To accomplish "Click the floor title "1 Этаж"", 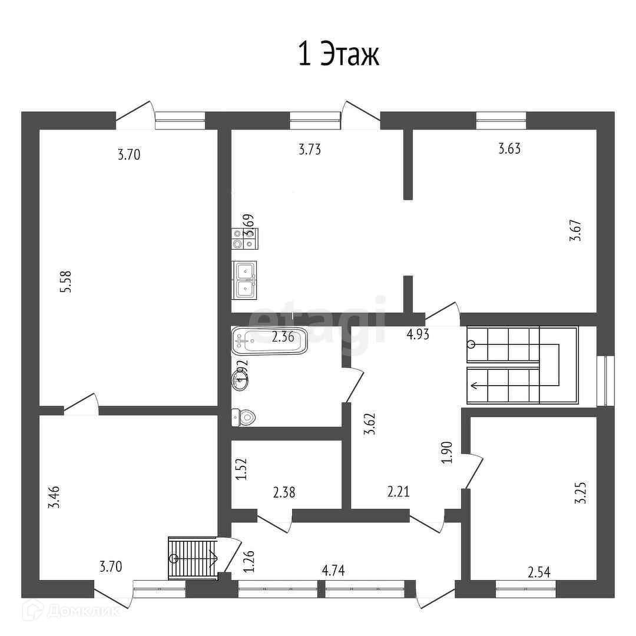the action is [x=339, y=55].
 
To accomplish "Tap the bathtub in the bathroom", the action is [x=270, y=340].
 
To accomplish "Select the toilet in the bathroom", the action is [x=244, y=418].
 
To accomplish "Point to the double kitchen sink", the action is [x=244, y=279].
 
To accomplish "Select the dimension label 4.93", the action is [x=418, y=335].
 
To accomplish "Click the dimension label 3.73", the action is [x=310, y=150].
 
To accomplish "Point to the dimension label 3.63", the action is [x=509, y=148].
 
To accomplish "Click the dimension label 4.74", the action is [x=333, y=570].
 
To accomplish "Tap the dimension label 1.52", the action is [x=241, y=470].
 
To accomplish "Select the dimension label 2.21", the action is [x=398, y=491].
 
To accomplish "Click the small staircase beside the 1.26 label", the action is [x=193, y=558].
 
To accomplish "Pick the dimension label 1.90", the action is [x=446, y=453].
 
